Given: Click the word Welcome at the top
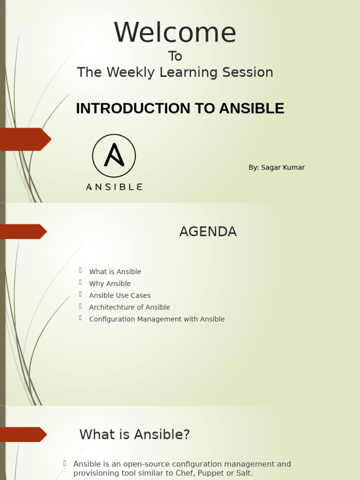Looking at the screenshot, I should (175, 33).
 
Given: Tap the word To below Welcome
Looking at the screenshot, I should (175, 56).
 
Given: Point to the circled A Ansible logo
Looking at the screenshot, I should (114, 156).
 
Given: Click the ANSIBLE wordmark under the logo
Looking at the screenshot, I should (114, 187).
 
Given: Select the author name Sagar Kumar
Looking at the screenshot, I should (283, 167).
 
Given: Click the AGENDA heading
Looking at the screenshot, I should (208, 232).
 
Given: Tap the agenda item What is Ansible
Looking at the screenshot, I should (115, 272).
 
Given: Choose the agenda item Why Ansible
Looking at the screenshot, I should (110, 284).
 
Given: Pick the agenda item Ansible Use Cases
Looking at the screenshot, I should (120, 295).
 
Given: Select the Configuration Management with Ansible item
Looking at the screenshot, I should (157, 319).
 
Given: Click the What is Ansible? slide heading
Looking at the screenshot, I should (135, 435).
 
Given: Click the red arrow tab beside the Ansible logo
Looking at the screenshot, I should (25, 139).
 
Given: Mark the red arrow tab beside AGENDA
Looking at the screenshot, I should (23, 232).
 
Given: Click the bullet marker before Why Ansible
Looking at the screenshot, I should (80, 283).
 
